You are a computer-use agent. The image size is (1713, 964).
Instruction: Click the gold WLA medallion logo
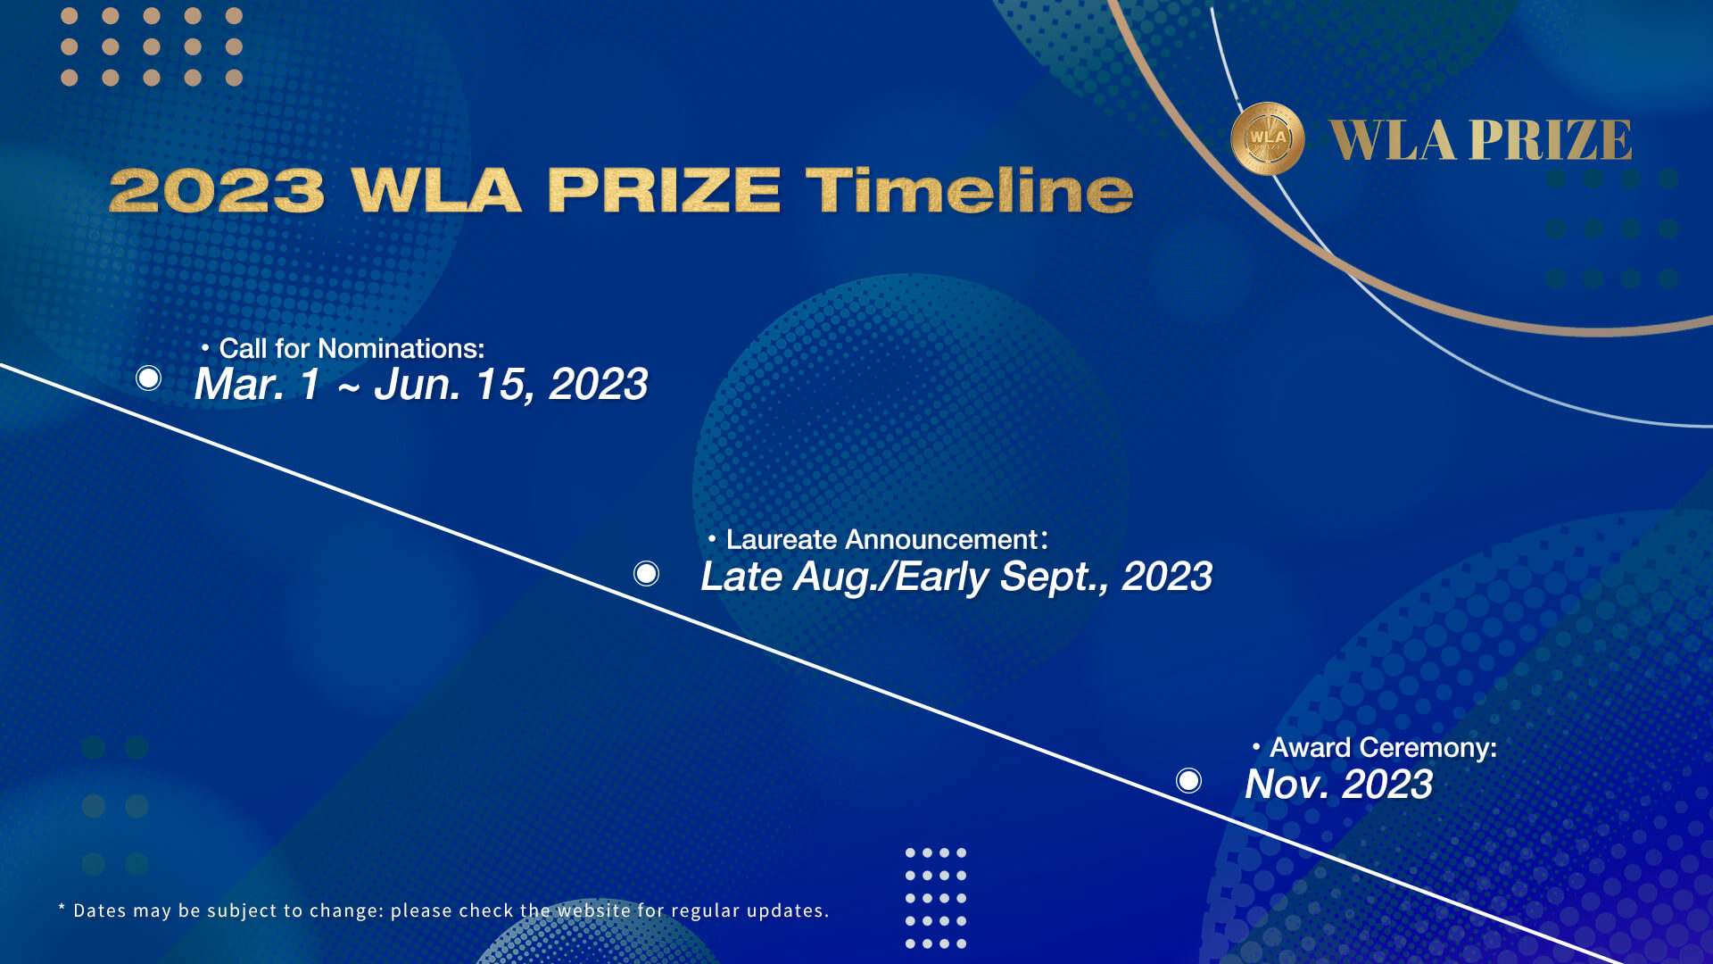pyautogui.click(x=1267, y=138)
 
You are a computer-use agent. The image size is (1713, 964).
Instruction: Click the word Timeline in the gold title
pyautogui.click(x=969, y=190)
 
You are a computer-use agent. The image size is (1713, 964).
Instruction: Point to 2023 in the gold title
pyautogui.click(x=217, y=190)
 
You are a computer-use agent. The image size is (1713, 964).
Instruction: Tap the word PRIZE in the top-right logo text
pyautogui.click(x=1551, y=140)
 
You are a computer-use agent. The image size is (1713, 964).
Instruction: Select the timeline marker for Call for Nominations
pyautogui.click(x=149, y=378)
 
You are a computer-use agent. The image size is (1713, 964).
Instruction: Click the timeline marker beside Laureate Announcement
pyautogui.click(x=647, y=573)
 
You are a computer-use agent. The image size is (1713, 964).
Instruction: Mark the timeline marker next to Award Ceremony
pyautogui.click(x=1188, y=780)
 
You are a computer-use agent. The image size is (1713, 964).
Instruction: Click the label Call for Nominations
pyautogui.click(x=352, y=348)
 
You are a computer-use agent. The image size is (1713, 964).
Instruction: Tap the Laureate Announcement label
pyautogui.click(x=881, y=539)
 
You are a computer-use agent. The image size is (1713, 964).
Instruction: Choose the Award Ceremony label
pyautogui.click(x=1383, y=747)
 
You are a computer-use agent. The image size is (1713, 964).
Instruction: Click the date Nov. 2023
pyautogui.click(x=1338, y=785)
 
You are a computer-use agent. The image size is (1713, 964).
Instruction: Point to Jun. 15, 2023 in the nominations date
pyautogui.click(x=510, y=385)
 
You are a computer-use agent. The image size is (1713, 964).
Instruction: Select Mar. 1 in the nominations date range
pyautogui.click(x=257, y=385)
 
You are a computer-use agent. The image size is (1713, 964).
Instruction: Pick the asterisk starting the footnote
pyautogui.click(x=62, y=908)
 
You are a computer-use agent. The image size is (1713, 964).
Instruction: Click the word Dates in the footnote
pyautogui.click(x=100, y=910)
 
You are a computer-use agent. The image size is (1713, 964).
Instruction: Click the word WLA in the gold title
pyautogui.click(x=436, y=190)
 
